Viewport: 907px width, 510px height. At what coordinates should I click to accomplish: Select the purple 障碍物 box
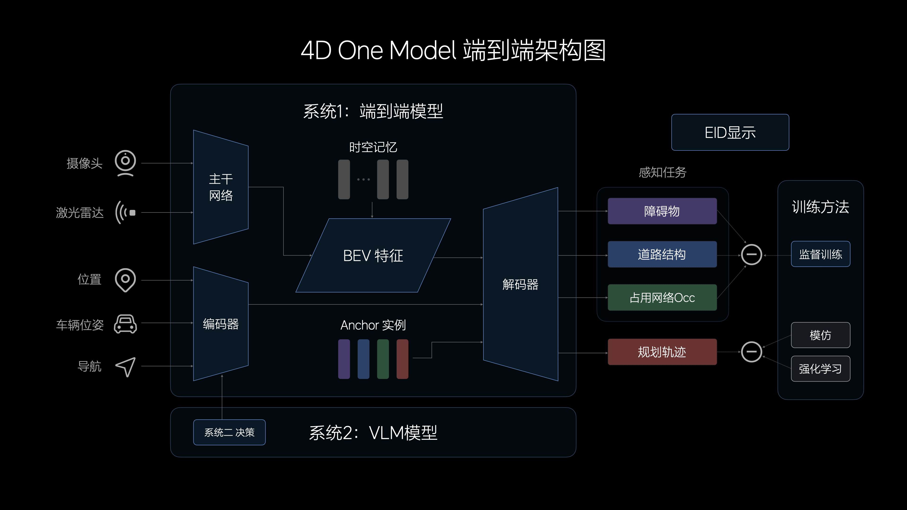click(x=662, y=211)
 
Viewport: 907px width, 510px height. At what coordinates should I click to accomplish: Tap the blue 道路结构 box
click(x=662, y=254)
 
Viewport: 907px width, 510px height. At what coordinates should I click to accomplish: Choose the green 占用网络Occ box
click(x=662, y=297)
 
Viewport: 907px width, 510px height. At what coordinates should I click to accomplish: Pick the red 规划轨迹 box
click(x=662, y=352)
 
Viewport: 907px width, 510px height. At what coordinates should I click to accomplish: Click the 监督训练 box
click(x=820, y=254)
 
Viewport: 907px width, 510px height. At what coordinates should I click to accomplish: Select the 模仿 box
click(x=820, y=335)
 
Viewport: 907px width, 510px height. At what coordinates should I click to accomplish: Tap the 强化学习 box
click(x=820, y=369)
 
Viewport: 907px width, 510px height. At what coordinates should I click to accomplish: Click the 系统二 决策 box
click(x=229, y=432)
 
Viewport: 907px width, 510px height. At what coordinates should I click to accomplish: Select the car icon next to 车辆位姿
click(x=125, y=324)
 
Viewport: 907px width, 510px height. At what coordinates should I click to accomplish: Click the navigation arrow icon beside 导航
click(x=126, y=367)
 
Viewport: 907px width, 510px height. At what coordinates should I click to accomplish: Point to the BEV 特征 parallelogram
click(x=373, y=255)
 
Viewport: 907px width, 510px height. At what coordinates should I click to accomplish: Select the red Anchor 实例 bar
click(x=402, y=359)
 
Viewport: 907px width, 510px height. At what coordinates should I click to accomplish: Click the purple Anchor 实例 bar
click(x=344, y=359)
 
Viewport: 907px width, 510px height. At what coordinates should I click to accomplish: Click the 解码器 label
click(x=520, y=284)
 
